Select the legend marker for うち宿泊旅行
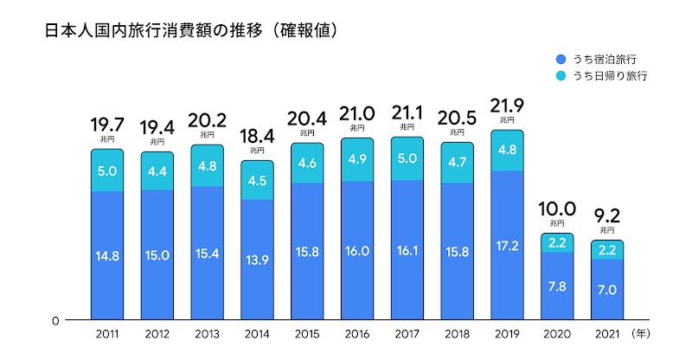pos(561,59)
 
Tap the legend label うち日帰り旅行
pos(611,76)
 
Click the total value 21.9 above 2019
pos(507,108)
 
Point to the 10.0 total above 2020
pos(557,209)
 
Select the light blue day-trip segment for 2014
pos(257,180)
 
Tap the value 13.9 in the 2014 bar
pos(257,260)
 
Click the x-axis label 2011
pos(107,332)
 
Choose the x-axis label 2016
pos(357,332)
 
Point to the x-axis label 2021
pos(607,332)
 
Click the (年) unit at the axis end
pos(644,332)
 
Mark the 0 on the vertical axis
pos(54,320)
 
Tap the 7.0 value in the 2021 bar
pos(607,290)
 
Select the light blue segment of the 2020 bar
pos(557,242)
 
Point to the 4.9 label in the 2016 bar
pos(357,158)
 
